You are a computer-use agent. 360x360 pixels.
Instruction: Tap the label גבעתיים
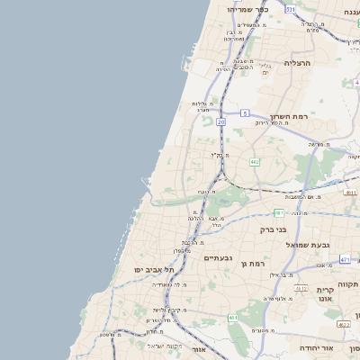[x=219, y=258]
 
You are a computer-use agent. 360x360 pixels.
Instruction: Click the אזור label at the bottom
[x=200, y=348]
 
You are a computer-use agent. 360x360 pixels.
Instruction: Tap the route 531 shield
[x=291, y=9]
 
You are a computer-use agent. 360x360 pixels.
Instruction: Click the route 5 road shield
[x=244, y=112]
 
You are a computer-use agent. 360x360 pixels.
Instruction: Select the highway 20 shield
[x=221, y=120]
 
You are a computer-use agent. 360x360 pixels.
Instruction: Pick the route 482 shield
[x=255, y=162]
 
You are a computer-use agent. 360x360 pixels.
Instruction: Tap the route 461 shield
[x=234, y=318]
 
